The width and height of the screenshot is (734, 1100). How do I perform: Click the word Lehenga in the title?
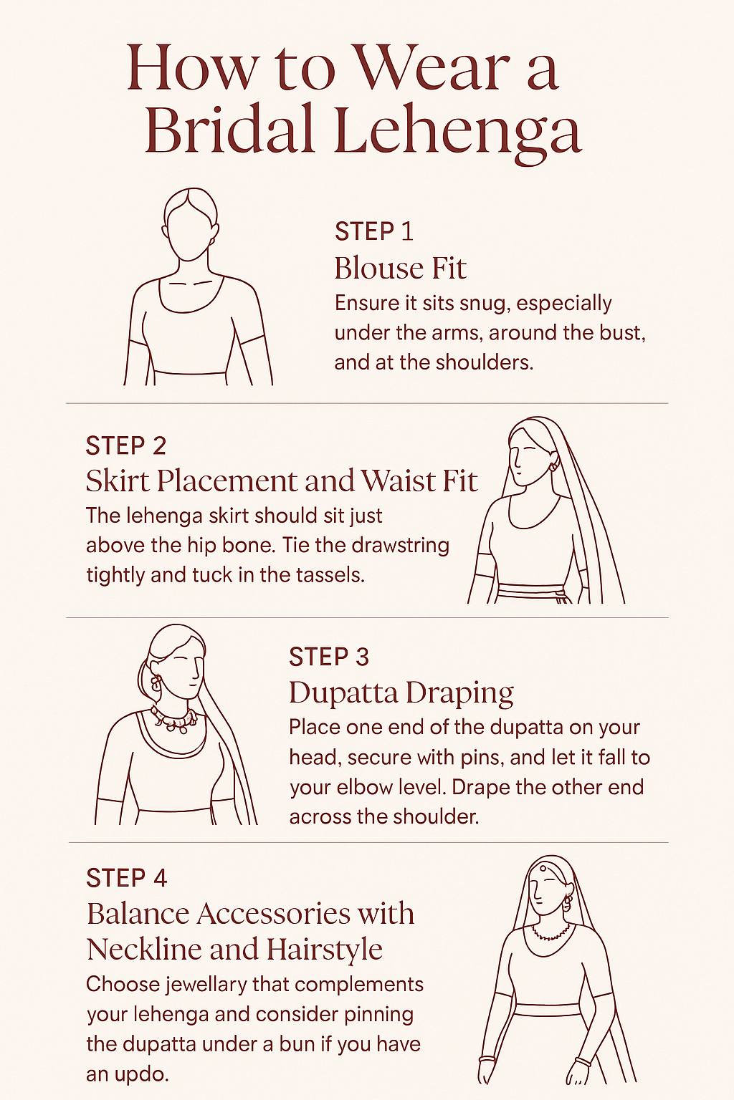click(x=457, y=130)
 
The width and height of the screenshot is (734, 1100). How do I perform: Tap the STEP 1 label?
click(x=374, y=231)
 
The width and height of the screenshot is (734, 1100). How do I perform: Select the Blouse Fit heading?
click(x=400, y=269)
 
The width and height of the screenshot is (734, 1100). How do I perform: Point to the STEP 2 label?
click(x=126, y=445)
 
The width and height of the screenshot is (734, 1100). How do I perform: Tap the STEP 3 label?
click(x=329, y=657)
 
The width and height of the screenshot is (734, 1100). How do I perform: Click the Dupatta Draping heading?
click(x=401, y=693)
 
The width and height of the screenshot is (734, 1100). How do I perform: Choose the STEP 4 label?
click(x=127, y=878)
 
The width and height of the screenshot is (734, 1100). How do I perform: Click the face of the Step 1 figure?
click(x=190, y=233)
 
